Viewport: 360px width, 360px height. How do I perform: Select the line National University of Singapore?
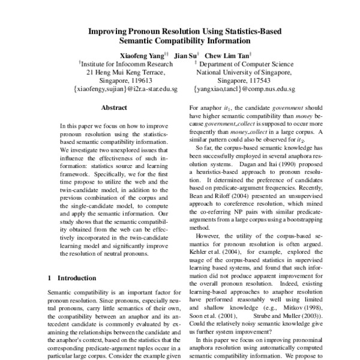tap(244, 71)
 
